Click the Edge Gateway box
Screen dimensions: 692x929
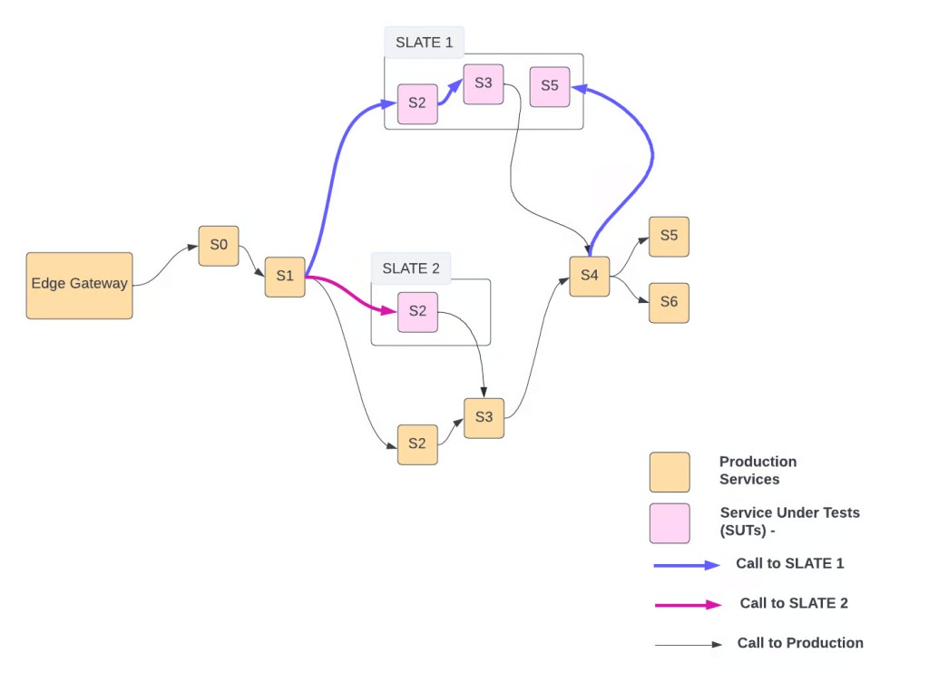point(79,285)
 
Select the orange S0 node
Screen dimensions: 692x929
point(219,246)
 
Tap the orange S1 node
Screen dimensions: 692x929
point(285,277)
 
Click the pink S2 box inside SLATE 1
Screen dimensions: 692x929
point(417,103)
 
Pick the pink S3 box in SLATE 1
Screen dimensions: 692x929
point(484,84)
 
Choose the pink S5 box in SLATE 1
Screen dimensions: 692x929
point(550,86)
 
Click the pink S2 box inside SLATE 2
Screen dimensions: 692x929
point(417,312)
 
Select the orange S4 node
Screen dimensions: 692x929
point(590,276)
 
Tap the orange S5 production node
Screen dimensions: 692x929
point(669,237)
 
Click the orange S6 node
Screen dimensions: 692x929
point(669,303)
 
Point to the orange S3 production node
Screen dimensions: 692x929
point(484,418)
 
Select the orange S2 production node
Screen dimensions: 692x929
point(417,444)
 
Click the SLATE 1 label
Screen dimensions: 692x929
point(424,43)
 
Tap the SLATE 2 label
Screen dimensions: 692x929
point(411,268)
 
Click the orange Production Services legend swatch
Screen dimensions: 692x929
point(670,472)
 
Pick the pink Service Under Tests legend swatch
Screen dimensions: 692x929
point(670,523)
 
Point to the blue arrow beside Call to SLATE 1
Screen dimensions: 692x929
point(687,565)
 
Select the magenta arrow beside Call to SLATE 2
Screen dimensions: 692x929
point(687,604)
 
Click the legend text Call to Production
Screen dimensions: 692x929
point(800,643)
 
